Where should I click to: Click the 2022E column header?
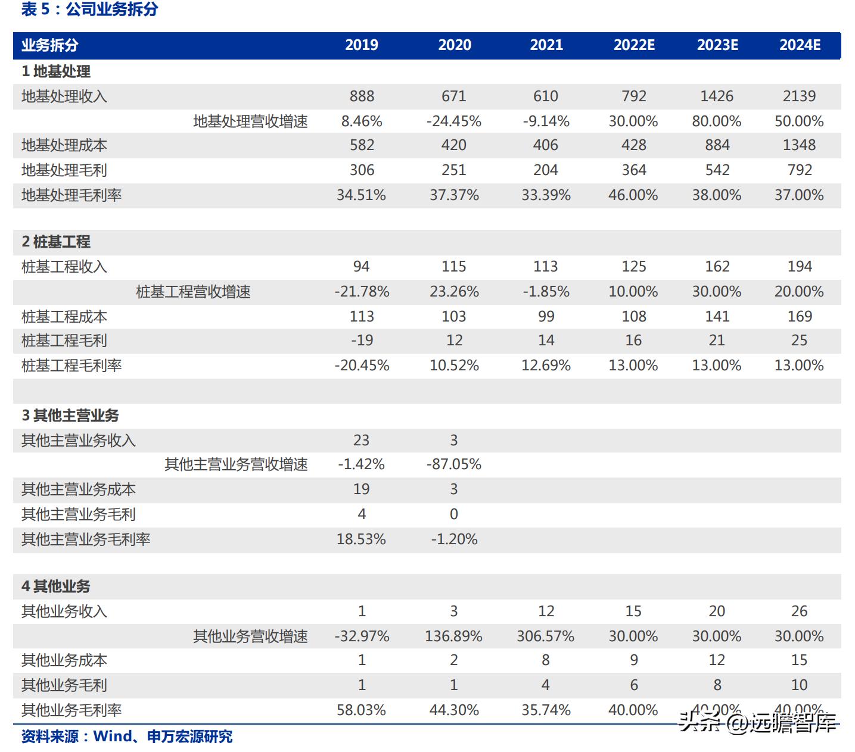pyautogui.click(x=634, y=45)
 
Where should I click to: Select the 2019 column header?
pyautogui.click(x=362, y=45)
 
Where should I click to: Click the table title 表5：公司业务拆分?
pyautogui.click(x=89, y=10)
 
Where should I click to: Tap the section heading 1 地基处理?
pyautogui.click(x=56, y=71)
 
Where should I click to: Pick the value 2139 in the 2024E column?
pyautogui.click(x=799, y=96)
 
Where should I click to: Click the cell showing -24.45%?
pyautogui.click(x=454, y=121)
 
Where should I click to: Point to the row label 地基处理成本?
pyautogui.click(x=64, y=145)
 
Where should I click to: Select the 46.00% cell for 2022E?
pyautogui.click(x=633, y=195)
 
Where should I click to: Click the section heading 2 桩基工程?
pyautogui.click(x=56, y=242)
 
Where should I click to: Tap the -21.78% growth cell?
pyautogui.click(x=362, y=292)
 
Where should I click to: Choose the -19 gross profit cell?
pyautogui.click(x=362, y=341)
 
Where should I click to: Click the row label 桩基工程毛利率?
pyautogui.click(x=71, y=366)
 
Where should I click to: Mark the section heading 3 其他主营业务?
pyautogui.click(x=70, y=416)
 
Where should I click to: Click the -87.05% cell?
pyautogui.click(x=454, y=464)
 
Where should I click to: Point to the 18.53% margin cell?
pyautogui.click(x=361, y=539)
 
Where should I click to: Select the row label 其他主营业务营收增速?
pyautogui.click(x=236, y=464)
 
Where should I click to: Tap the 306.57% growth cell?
pyautogui.click(x=545, y=636)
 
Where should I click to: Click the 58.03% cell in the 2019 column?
pyautogui.click(x=361, y=710)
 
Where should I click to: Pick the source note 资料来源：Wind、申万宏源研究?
pyautogui.click(x=127, y=737)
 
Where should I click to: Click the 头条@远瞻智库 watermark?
pyautogui.click(x=758, y=723)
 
